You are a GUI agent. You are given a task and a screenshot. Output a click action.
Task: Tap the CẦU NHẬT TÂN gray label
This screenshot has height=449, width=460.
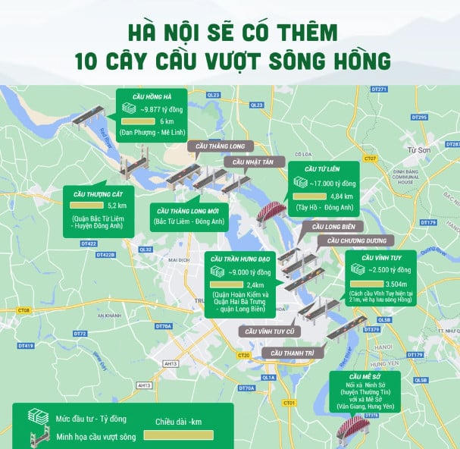click(x=251, y=162)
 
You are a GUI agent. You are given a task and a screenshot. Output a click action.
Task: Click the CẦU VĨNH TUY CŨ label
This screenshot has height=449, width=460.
click(x=267, y=331)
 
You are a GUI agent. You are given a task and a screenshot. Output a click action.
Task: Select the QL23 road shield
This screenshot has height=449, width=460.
click(x=213, y=95)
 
